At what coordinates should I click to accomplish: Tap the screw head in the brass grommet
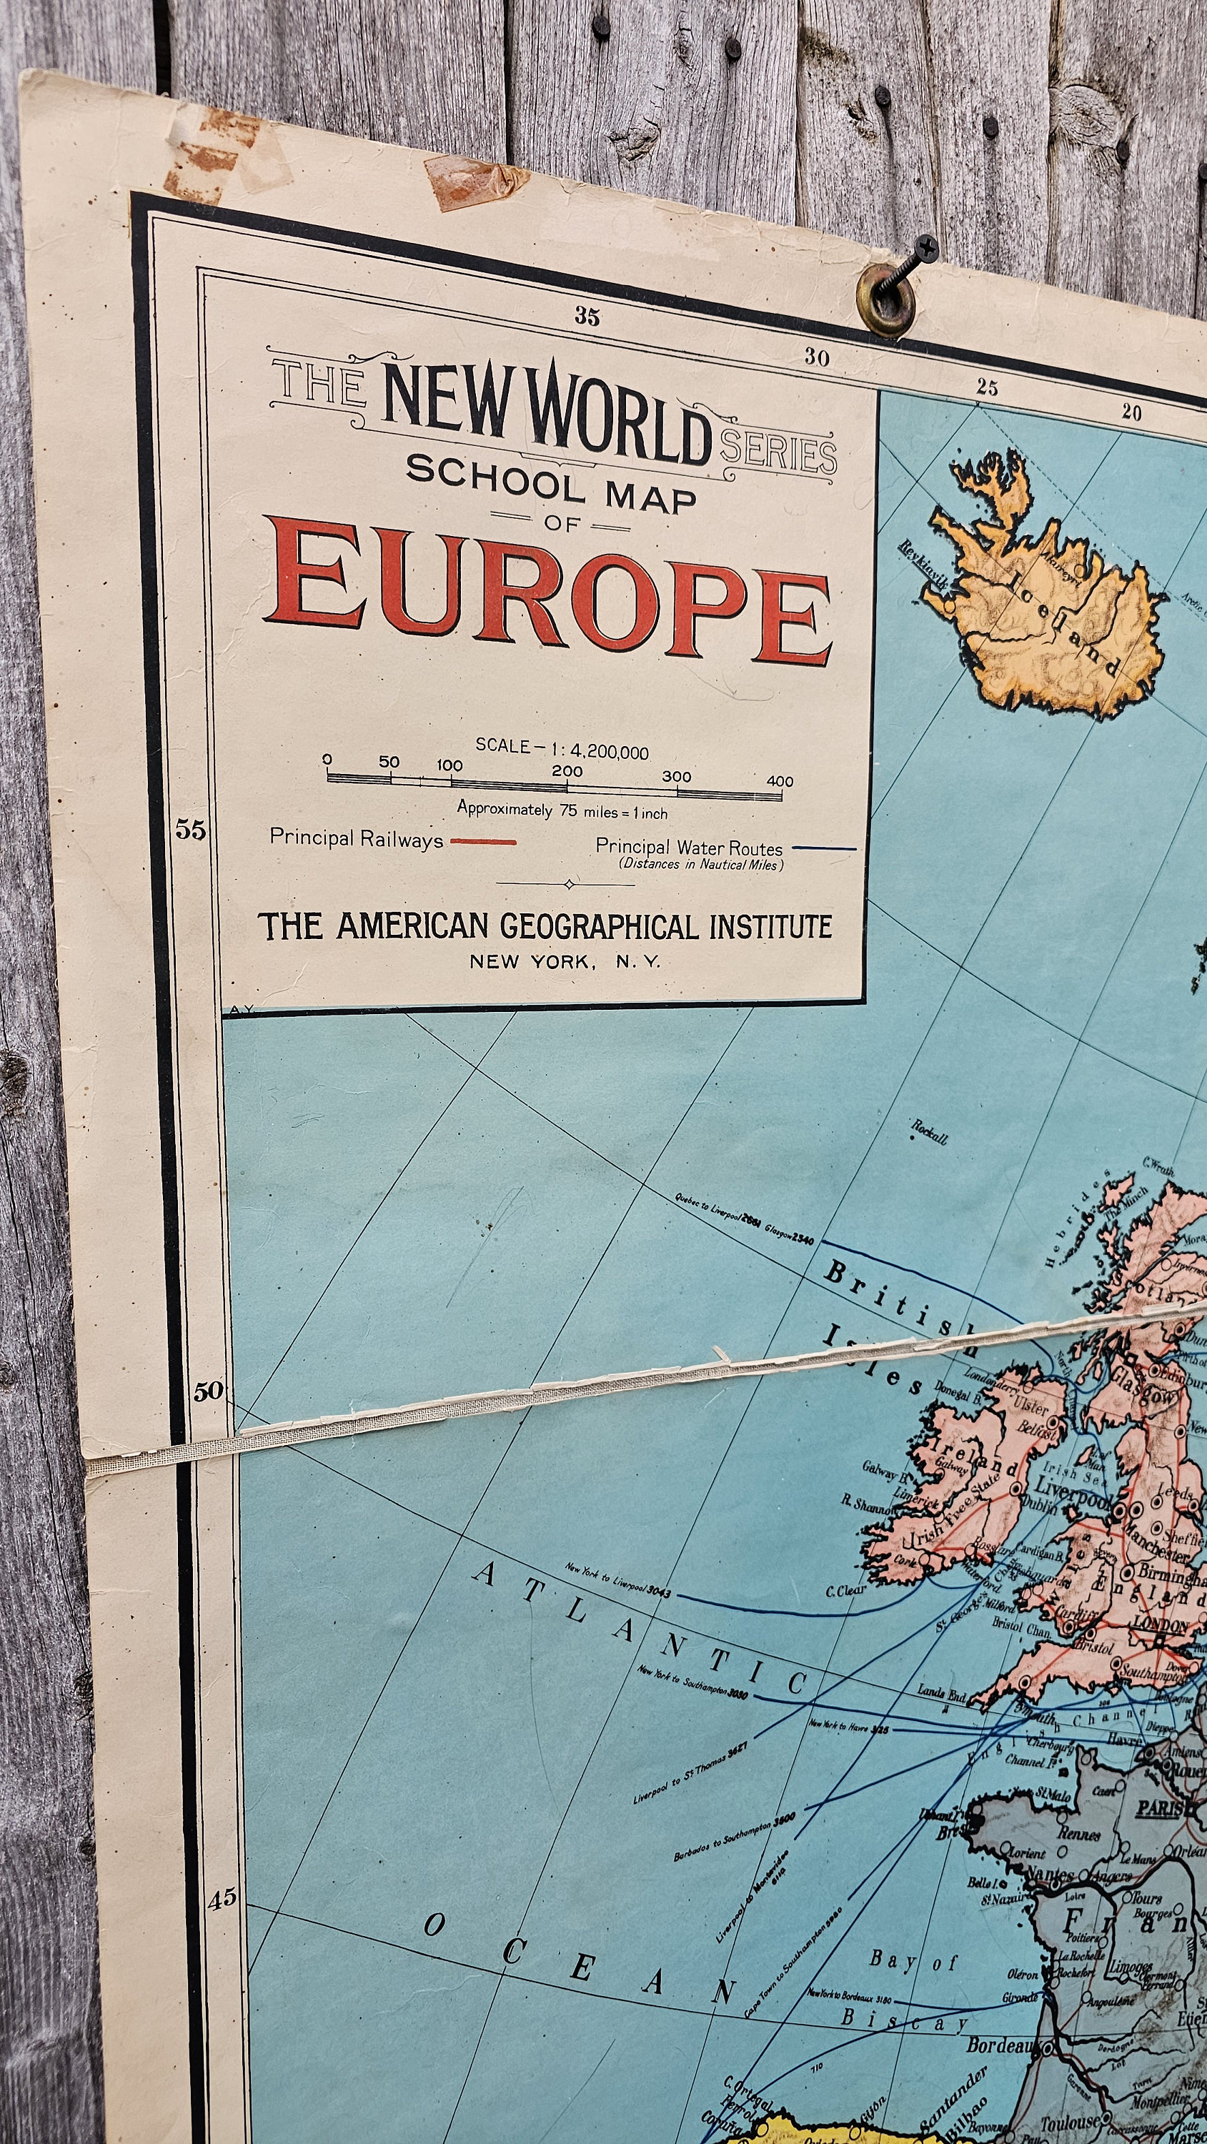[923, 247]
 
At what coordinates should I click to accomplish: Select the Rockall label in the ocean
[929, 1132]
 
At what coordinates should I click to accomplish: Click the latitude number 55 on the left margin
[190, 830]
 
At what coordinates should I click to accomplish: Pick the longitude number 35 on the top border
[587, 317]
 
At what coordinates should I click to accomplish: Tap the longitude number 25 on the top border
[986, 387]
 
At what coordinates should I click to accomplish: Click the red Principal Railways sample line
[483, 841]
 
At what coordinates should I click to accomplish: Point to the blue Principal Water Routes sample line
[823, 849]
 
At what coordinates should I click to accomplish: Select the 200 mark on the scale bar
[567, 772]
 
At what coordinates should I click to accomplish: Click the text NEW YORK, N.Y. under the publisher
[565, 961]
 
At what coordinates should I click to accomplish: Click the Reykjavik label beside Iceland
[923, 566]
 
